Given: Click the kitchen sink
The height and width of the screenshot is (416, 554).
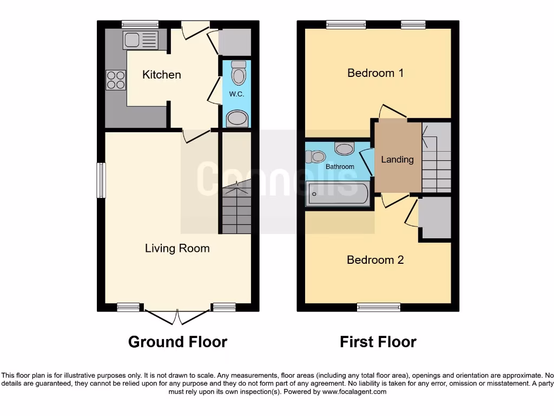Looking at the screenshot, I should coord(141,40).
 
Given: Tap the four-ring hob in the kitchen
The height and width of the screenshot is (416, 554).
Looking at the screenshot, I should coord(115,80).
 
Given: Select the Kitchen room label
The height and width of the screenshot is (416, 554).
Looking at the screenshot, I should coord(161,75).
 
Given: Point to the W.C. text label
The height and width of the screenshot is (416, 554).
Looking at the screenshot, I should coord(236,94).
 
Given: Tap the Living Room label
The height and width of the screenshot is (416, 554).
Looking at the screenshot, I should coord(177,249).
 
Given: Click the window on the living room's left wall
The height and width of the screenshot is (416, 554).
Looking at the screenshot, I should coord(101,180).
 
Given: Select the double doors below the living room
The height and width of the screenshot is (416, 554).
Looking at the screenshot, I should coord(177,317).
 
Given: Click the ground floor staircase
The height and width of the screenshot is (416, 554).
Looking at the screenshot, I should coord(236,209).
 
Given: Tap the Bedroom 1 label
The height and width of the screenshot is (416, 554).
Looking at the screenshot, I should coord(375,73).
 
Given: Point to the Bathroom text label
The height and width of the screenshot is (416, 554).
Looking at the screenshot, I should coord(340,167).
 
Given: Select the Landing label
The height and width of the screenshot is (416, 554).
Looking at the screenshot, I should coord(397,159).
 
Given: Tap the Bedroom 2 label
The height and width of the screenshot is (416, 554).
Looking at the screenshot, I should coord(375,260).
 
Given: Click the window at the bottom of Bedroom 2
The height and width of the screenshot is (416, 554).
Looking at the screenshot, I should coord(378,308).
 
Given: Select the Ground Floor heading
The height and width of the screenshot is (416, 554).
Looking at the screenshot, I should coord(177,342).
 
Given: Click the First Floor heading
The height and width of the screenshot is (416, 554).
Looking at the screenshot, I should coord(378,342).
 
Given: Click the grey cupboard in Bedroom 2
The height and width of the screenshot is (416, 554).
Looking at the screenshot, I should coord(436,217).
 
